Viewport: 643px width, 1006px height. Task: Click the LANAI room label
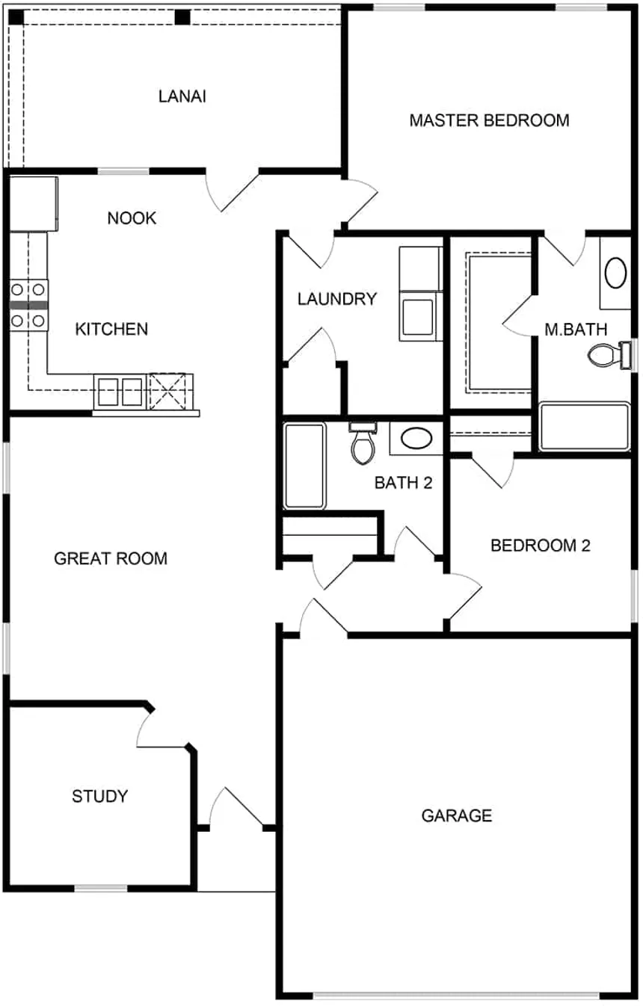click(x=182, y=96)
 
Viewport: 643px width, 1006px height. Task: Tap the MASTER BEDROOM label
click(x=489, y=120)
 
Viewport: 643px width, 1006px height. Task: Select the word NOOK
click(x=132, y=218)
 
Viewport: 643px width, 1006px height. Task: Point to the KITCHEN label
click(x=111, y=329)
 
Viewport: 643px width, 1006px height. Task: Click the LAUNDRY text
click(x=337, y=299)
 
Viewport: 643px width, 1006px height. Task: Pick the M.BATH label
click(x=576, y=330)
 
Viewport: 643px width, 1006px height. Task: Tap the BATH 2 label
click(x=403, y=483)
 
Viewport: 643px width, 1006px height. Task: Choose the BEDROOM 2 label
click(x=540, y=545)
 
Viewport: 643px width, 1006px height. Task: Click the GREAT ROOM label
click(x=111, y=559)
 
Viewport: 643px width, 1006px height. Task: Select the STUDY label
click(x=99, y=796)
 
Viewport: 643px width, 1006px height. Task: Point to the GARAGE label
click(x=457, y=815)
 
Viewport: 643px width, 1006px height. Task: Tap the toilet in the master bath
click(x=611, y=355)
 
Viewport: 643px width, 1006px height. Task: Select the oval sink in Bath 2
click(x=416, y=438)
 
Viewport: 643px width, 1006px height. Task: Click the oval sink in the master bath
click(x=615, y=273)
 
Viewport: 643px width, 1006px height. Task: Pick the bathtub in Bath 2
click(x=304, y=466)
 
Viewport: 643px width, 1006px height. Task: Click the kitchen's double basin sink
click(x=120, y=392)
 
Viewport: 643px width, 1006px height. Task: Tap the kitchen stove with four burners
click(x=28, y=306)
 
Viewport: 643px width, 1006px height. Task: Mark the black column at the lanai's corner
click(x=16, y=17)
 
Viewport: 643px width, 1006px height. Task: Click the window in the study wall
click(x=101, y=887)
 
